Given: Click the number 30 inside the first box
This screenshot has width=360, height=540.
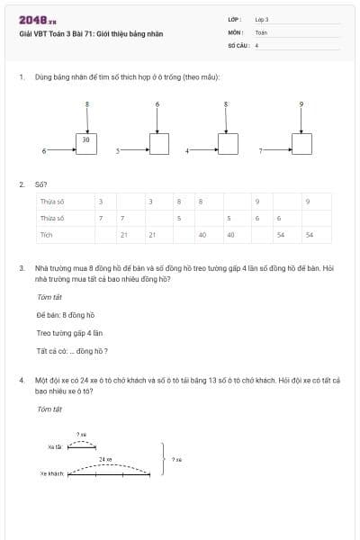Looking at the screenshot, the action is [85, 139].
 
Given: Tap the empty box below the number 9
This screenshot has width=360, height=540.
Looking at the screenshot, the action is [301, 144].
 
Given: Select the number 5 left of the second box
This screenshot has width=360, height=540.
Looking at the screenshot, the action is [117, 151].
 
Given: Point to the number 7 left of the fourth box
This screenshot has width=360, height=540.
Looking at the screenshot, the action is [261, 151].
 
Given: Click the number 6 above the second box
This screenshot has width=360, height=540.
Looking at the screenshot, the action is [158, 104].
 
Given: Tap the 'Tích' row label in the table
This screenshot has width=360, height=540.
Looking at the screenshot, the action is [47, 234].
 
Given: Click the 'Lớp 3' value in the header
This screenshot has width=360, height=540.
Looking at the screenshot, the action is [262, 19].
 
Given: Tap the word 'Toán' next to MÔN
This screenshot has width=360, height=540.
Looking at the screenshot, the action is [261, 31].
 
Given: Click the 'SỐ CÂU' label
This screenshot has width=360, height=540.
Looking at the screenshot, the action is [237, 44].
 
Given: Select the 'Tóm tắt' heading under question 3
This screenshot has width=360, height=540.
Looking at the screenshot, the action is [49, 296].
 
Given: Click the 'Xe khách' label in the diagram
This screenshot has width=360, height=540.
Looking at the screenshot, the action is [52, 472].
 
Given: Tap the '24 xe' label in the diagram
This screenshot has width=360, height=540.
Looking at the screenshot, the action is [105, 459].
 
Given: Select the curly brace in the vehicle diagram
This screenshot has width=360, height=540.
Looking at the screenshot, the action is [162, 458].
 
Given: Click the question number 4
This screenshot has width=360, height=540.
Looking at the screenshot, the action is [21, 381].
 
